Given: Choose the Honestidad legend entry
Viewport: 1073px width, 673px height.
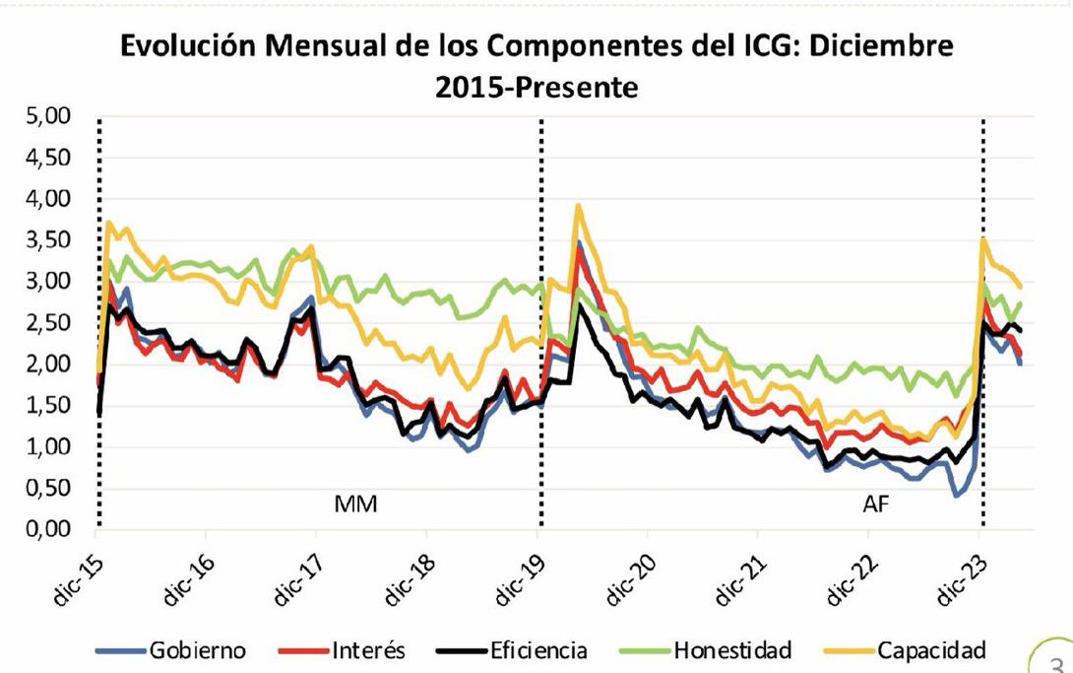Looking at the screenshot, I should (732, 650).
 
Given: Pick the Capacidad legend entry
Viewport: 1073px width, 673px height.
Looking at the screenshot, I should (930, 650).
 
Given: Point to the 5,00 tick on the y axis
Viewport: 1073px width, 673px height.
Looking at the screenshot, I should (50, 117).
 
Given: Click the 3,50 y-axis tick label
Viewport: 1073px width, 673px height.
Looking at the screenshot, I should (50, 241).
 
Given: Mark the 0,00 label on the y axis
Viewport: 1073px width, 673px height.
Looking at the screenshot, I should (50, 530).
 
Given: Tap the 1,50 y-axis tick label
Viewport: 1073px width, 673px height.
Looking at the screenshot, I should (50, 406).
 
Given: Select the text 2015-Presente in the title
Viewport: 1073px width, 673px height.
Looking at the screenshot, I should (536, 87).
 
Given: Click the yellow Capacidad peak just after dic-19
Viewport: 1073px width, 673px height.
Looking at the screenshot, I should (579, 206).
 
